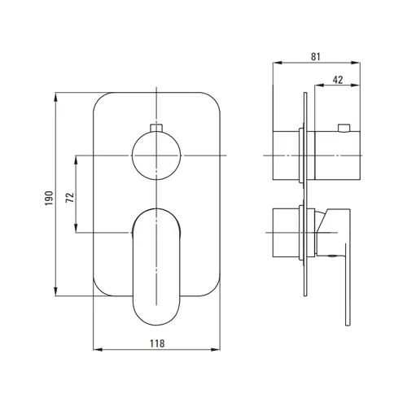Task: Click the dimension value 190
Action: tap(49, 198)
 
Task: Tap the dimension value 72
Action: tap(70, 197)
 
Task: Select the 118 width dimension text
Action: tap(157, 344)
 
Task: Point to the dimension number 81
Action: tap(316, 56)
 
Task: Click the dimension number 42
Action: tap(338, 80)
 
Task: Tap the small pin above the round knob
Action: tap(156, 128)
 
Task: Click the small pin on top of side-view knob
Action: tap(344, 128)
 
